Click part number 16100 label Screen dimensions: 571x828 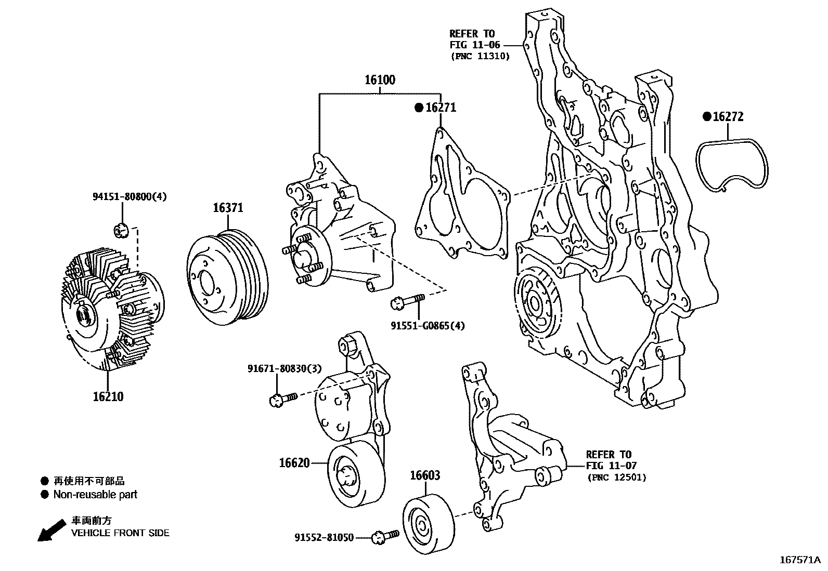[x=379, y=80]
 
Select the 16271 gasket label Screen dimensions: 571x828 [x=441, y=108]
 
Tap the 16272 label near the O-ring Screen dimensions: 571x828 [x=728, y=116]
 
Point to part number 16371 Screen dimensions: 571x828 [x=228, y=208]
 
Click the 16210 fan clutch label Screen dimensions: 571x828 [x=108, y=396]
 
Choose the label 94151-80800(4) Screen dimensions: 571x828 [x=130, y=196]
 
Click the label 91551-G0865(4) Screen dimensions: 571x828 [x=428, y=326]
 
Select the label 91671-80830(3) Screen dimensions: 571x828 [x=284, y=368]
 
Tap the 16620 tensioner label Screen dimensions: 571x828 [x=294, y=462]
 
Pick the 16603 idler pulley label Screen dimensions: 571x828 [x=425, y=475]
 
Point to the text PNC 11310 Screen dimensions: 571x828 [x=480, y=56]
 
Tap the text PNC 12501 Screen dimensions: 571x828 [x=616, y=477]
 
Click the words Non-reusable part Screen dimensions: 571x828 [x=95, y=495]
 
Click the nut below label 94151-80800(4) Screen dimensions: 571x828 [x=120, y=229]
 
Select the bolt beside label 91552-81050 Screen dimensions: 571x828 [x=385, y=536]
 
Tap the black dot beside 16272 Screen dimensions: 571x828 [x=706, y=116]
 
